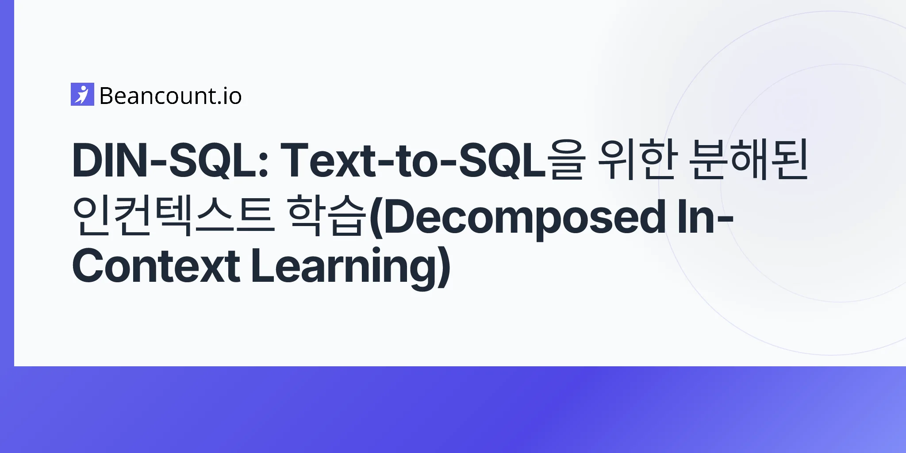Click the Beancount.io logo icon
click(x=82, y=94)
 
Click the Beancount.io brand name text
click(x=171, y=96)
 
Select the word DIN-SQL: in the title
click(x=171, y=160)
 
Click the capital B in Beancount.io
click(x=107, y=96)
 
